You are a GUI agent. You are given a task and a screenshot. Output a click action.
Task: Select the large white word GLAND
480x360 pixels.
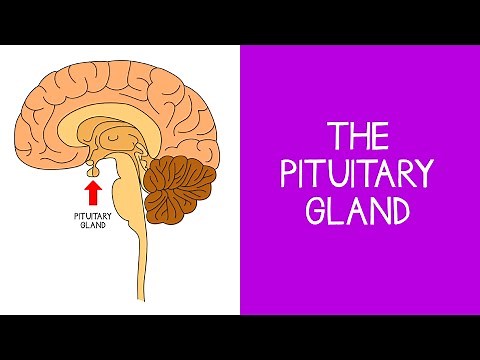(359, 212)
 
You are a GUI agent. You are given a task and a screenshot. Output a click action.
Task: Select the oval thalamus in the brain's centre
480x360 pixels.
(118, 140)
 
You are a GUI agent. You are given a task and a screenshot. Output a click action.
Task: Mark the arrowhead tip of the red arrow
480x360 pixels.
(93, 180)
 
